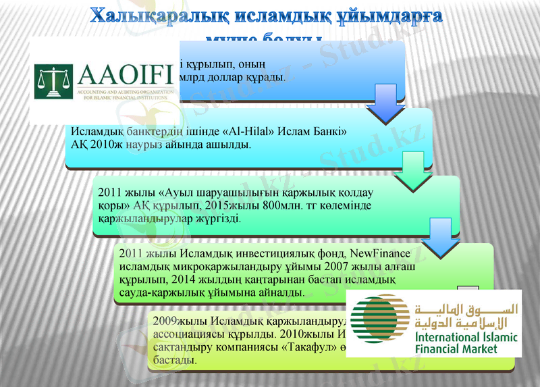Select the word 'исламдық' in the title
pos(277,15)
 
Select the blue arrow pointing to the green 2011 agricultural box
pos(417,171)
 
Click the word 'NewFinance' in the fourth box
pos(379,253)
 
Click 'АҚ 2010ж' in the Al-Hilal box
pos(94,145)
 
